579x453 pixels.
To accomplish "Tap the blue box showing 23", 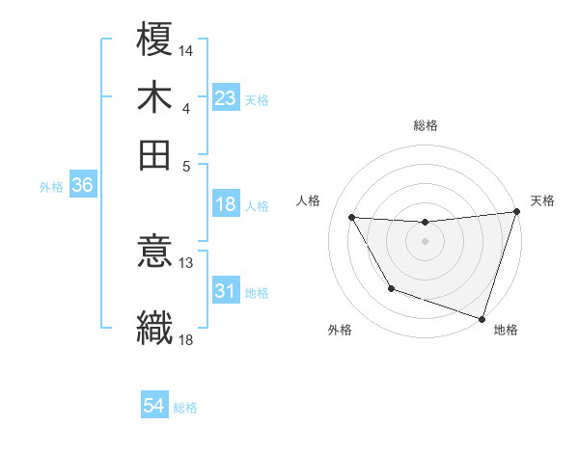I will (225, 97).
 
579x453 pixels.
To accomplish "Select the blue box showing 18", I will (225, 204).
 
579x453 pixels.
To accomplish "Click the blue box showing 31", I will (225, 291).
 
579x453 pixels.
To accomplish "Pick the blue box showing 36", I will (82, 186).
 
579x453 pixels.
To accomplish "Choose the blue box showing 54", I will (154, 406).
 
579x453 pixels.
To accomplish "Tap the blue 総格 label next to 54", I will (185, 408).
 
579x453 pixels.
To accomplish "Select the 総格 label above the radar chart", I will (425, 125).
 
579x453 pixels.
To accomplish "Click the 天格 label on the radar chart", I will (542, 200).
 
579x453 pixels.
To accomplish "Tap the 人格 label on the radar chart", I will (309, 200).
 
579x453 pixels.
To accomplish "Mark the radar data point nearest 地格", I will (482, 318).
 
